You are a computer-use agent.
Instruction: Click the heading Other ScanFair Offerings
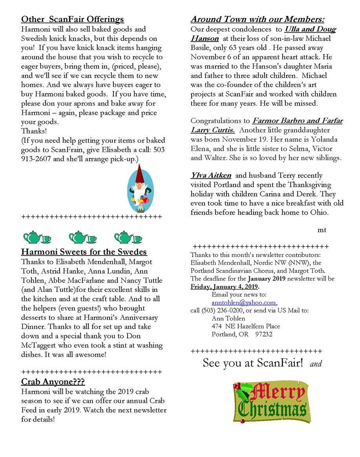coord(72,19)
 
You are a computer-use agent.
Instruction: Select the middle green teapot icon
coord(82,237)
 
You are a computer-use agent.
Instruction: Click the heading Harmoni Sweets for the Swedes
coord(84,252)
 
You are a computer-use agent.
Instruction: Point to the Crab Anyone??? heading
coord(53,382)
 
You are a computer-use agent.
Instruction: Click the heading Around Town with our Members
coord(258,19)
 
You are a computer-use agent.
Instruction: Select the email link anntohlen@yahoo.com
coord(244,303)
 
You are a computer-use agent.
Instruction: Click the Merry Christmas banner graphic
coord(270,402)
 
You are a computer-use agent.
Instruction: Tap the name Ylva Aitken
coord(211,175)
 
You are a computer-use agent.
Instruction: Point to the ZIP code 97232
coord(264,335)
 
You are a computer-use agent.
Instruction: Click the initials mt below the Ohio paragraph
coord(322,230)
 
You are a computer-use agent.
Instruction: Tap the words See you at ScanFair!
coord(253,363)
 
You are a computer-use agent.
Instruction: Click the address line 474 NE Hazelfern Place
coord(246,327)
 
